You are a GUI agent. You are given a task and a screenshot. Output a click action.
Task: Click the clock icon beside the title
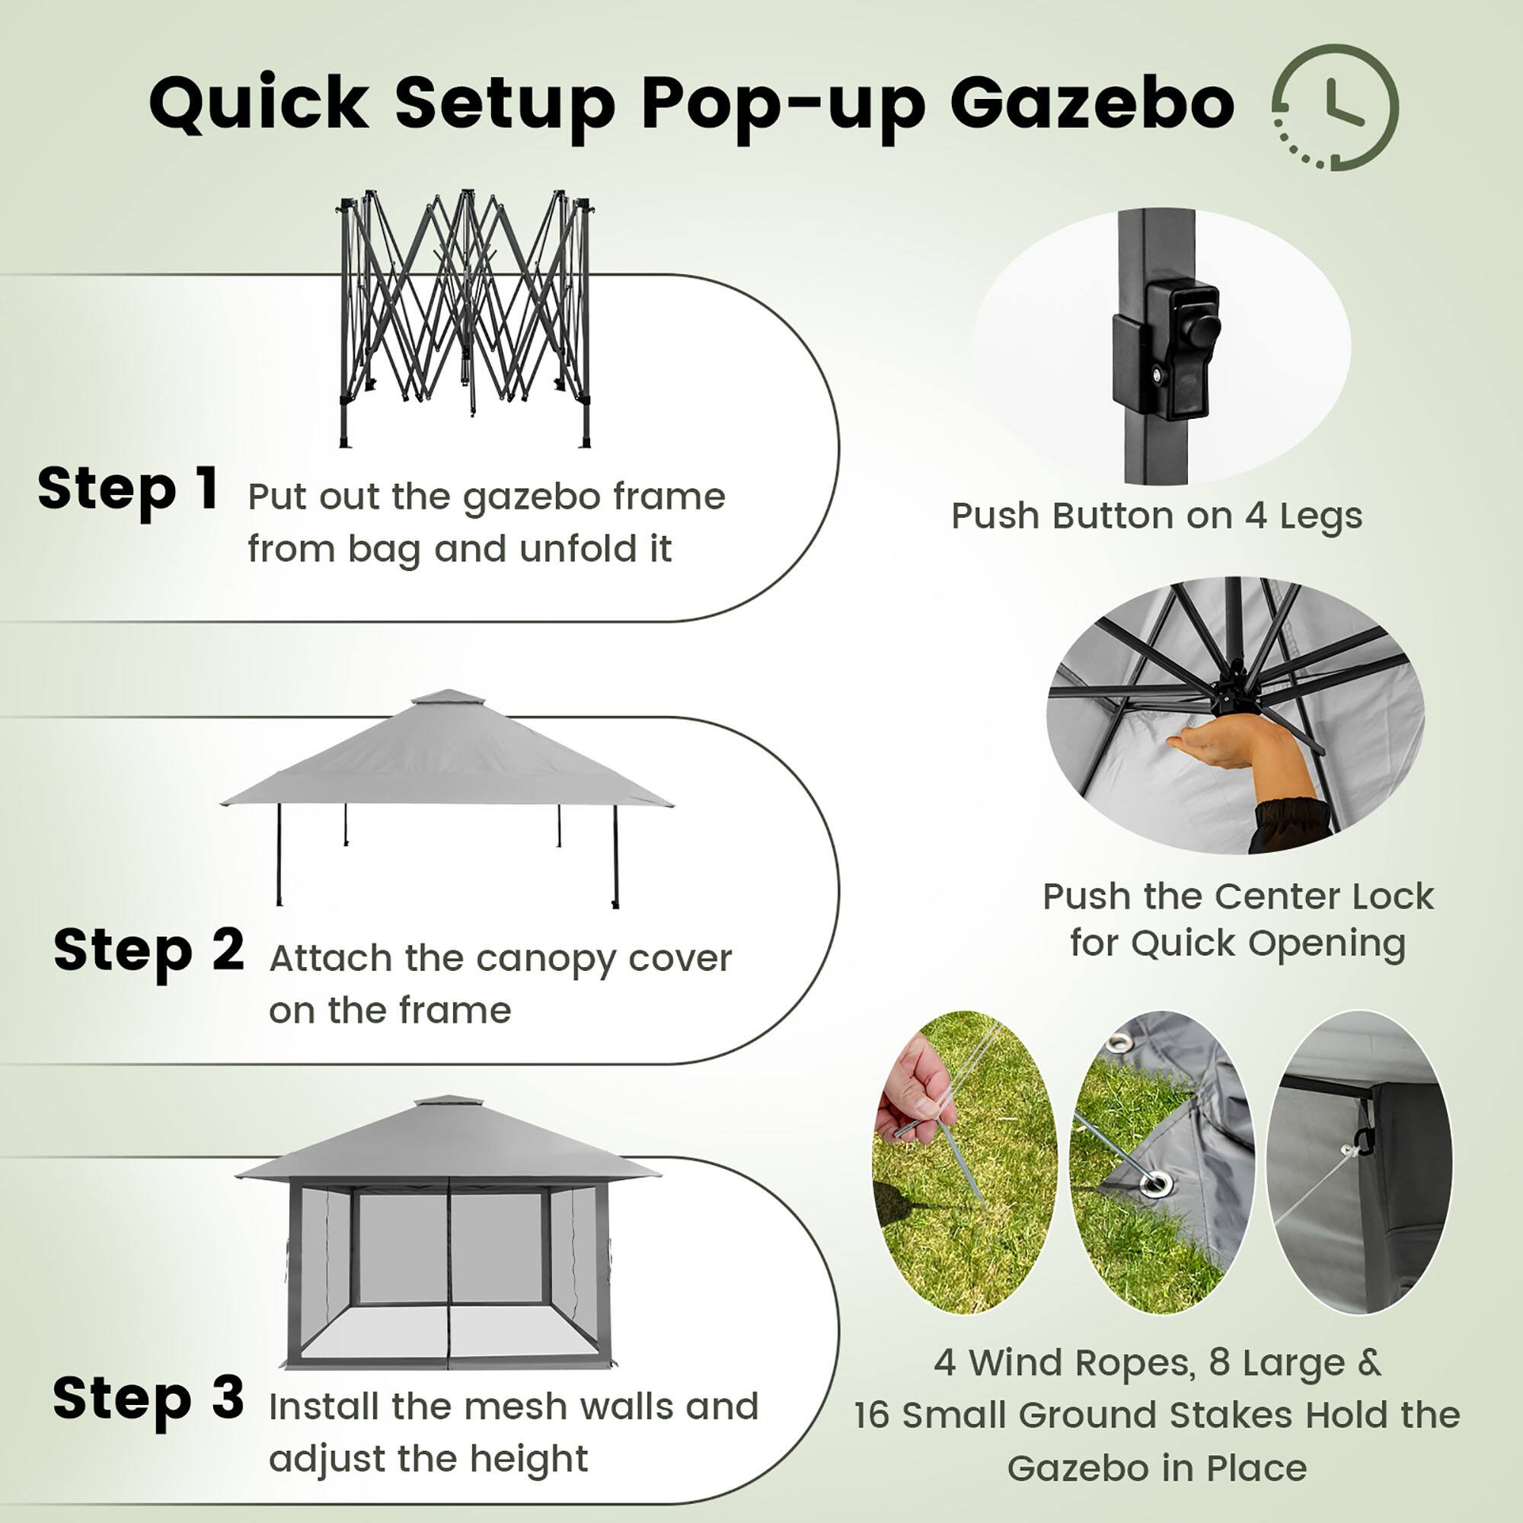point(1336,107)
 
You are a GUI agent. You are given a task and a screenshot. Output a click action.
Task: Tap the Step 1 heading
point(128,489)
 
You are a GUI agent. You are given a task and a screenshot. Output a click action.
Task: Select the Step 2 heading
point(148,950)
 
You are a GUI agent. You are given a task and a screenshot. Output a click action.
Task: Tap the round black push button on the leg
point(1204,329)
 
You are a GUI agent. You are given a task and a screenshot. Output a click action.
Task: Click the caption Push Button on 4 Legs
point(1157,516)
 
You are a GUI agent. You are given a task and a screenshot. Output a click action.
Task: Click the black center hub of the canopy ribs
point(1230,695)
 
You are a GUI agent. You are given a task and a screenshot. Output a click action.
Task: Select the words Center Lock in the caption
point(1324,896)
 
